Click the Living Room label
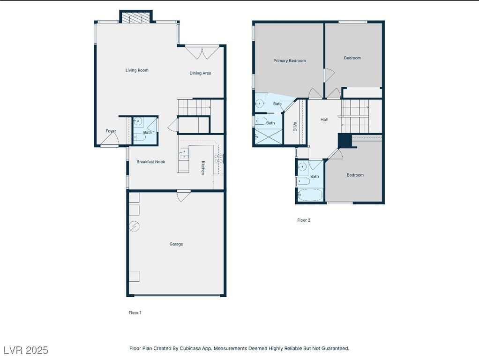coord(137,70)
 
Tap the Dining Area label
coord(200,73)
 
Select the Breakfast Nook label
coord(150,162)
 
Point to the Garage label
coord(176,244)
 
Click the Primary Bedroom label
coord(289,60)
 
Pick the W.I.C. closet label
coord(295,127)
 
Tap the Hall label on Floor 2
coord(324,120)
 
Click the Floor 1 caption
coord(135,313)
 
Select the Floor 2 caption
coord(304,220)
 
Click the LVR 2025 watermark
coord(26,350)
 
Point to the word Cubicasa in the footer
coord(190,348)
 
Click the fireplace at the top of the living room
coord(135,17)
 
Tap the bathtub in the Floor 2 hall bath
coord(310,195)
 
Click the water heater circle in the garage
coord(134,226)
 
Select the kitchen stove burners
coord(218,158)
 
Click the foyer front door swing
coord(110,139)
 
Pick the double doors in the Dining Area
coord(202,52)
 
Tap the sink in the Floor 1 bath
coord(139,121)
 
